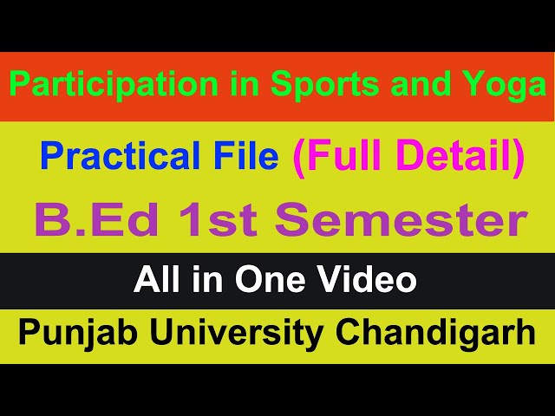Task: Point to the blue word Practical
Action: pyautogui.click(x=115, y=157)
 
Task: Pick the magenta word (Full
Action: pyautogui.click(x=337, y=157)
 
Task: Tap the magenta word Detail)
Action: pyautogui.click(x=459, y=157)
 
